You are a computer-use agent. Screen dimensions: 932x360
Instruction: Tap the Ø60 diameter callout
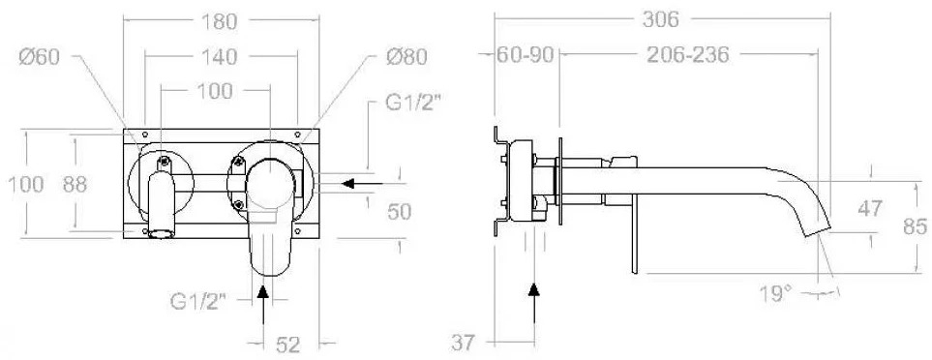(x=40, y=57)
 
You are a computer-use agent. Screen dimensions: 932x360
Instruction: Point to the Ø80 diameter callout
(x=406, y=57)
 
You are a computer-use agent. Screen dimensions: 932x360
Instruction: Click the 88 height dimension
(x=75, y=185)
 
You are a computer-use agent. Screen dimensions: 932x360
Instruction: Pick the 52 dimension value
(x=288, y=345)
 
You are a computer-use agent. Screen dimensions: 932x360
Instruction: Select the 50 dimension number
(x=399, y=212)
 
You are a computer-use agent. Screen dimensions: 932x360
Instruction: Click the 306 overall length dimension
(x=660, y=19)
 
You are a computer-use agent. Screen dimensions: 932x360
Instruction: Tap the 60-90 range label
(x=526, y=55)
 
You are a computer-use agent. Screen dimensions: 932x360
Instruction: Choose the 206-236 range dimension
(x=688, y=55)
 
